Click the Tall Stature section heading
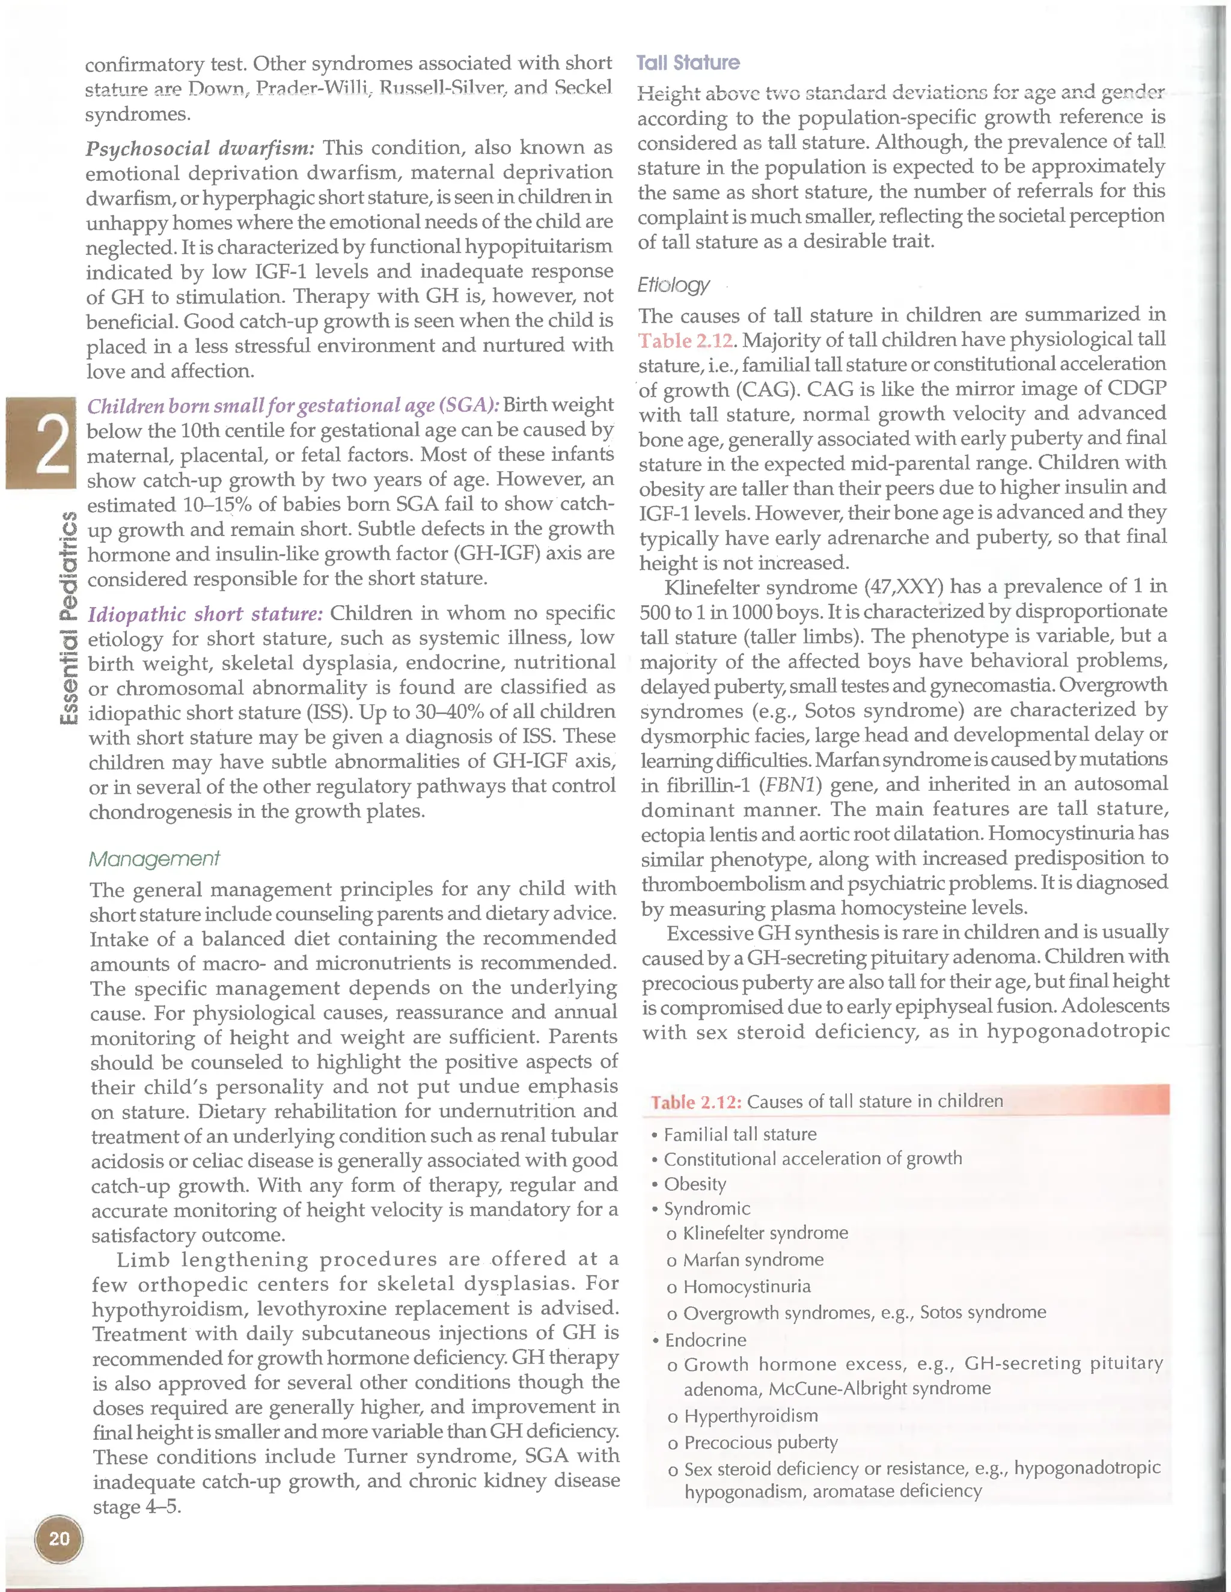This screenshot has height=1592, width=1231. pyautogui.click(x=688, y=64)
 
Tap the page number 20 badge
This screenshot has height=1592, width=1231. pyautogui.click(x=59, y=1538)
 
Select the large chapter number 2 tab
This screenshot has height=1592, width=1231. pyautogui.click(x=41, y=443)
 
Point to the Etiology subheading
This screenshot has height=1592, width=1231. pyautogui.click(x=673, y=284)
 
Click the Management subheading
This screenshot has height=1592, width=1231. pyautogui.click(x=154, y=859)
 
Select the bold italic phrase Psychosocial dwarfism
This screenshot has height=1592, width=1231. pyautogui.click(x=200, y=148)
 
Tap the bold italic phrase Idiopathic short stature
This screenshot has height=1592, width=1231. pyautogui.click(x=205, y=614)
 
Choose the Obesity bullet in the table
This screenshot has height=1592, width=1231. pyautogui.click(x=694, y=1184)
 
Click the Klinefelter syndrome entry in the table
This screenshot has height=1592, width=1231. pyautogui.click(x=765, y=1233)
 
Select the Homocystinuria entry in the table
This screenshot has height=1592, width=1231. pyautogui.click(x=747, y=1286)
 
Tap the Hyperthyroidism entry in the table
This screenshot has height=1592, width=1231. pyautogui.click(x=750, y=1415)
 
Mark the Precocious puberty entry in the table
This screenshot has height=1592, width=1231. pyautogui.click(x=760, y=1442)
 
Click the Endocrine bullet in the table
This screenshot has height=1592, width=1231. pyautogui.click(x=704, y=1340)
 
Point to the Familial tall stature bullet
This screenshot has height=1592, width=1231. pyautogui.click(x=739, y=1134)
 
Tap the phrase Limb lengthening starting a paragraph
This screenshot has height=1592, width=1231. pyautogui.click(x=213, y=1260)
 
